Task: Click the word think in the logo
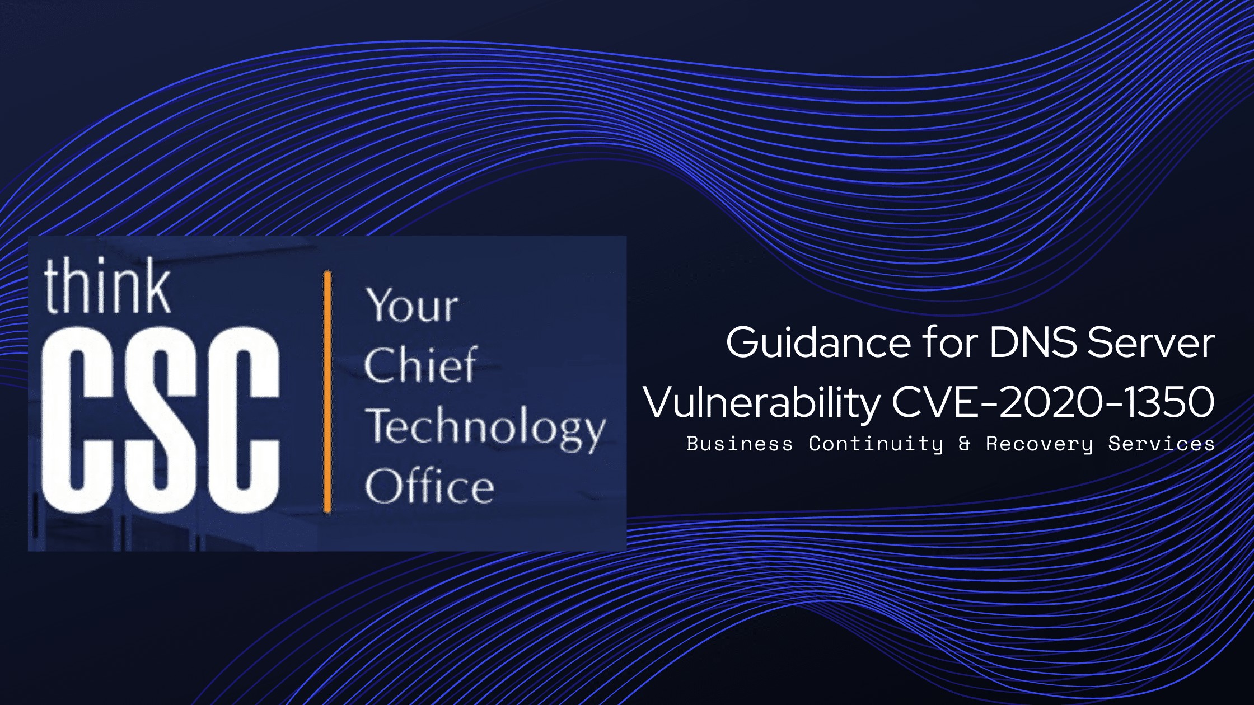tap(107, 286)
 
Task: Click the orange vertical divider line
tap(327, 392)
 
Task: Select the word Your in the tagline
tap(412, 305)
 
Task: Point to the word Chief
tap(420, 365)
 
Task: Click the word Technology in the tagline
tap(485, 428)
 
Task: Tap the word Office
tap(429, 486)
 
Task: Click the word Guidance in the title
tap(818, 342)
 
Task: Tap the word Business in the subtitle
tap(740, 444)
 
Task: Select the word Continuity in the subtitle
tap(876, 444)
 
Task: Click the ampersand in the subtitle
tap(964, 444)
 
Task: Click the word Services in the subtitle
tap(1162, 444)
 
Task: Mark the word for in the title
tap(950, 342)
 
